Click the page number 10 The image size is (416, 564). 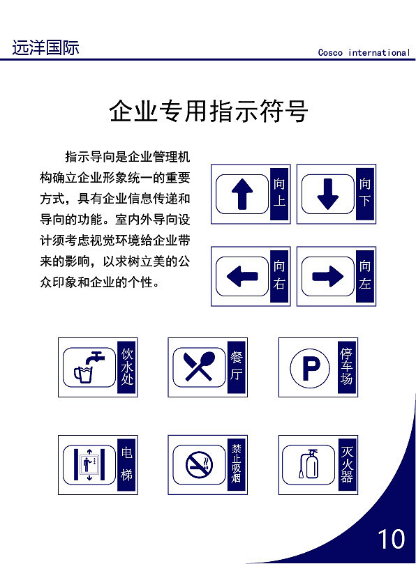(x=391, y=539)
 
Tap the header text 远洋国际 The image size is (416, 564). (x=45, y=48)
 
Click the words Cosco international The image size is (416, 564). (x=363, y=52)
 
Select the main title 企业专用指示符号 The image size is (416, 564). (x=208, y=112)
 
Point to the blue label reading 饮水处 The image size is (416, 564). (x=126, y=367)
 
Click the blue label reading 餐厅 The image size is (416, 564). (x=237, y=367)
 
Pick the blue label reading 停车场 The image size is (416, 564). (x=347, y=367)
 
